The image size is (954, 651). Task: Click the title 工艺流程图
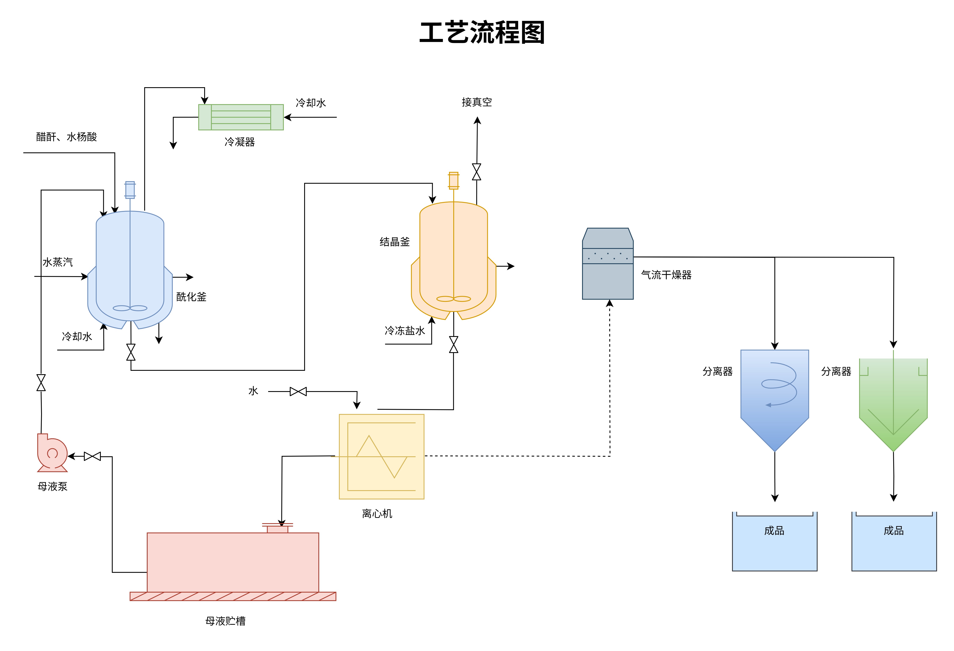click(482, 33)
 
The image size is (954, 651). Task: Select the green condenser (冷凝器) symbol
click(241, 117)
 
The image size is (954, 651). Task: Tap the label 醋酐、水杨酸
click(67, 137)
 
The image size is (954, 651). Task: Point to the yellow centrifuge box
click(381, 457)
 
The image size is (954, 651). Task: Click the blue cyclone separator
click(775, 398)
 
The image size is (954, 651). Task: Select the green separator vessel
click(893, 402)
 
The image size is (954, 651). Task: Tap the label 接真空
click(477, 102)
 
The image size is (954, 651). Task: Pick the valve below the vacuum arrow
click(477, 172)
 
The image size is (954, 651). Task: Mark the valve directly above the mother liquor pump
click(41, 382)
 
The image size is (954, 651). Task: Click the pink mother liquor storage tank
click(233, 562)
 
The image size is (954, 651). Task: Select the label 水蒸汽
click(58, 262)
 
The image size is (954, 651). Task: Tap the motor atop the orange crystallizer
click(454, 181)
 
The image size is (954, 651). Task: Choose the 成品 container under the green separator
click(894, 541)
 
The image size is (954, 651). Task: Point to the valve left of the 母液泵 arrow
click(92, 456)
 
